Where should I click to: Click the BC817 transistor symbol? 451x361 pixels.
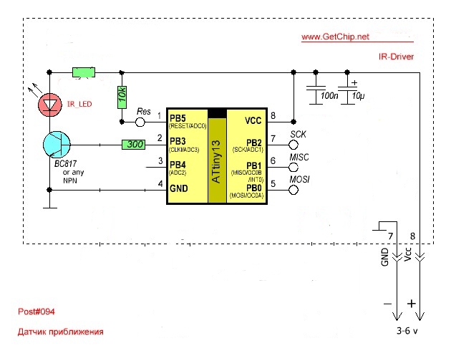54,145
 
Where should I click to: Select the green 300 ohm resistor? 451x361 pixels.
134,145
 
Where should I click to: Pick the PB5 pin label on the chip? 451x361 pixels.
177,117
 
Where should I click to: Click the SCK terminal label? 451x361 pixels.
299,135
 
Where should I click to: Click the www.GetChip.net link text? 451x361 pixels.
335,37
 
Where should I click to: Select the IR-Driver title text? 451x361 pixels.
396,56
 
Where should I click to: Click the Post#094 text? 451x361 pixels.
37,312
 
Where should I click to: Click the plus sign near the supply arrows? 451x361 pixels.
412,304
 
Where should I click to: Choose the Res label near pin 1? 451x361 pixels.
143,112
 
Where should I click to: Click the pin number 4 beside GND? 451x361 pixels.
160,184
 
